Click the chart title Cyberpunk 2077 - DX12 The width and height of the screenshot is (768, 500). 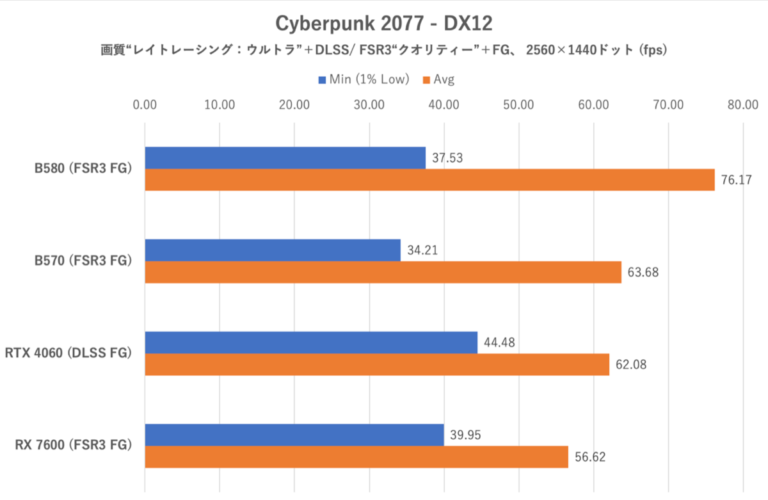pos(383,23)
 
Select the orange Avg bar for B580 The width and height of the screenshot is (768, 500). pos(429,180)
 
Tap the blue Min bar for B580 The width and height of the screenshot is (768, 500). pos(285,157)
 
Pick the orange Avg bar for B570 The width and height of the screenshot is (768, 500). pos(383,272)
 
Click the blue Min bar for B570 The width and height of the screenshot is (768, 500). pos(273,250)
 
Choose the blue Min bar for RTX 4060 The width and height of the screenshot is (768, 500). pos(311,343)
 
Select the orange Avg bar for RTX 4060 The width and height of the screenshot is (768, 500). pos(377,364)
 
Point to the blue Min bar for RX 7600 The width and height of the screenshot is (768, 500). pos(294,435)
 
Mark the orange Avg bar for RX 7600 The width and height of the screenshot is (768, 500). pos(356,456)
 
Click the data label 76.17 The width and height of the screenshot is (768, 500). pos(736,180)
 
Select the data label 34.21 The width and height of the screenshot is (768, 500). pos(422,250)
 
